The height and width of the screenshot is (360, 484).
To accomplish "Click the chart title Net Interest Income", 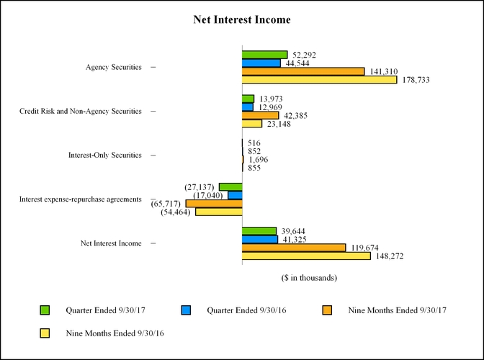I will [x=242, y=19].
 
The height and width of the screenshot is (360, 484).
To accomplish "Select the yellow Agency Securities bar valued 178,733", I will [x=319, y=80].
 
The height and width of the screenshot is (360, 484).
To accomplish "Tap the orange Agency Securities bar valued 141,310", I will [x=303, y=71].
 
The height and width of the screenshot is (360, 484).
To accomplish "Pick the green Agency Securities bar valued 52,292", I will [x=264, y=55].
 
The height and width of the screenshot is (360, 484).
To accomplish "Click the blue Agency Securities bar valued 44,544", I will [x=261, y=63].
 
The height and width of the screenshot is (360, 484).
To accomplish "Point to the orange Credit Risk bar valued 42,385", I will [x=260, y=115].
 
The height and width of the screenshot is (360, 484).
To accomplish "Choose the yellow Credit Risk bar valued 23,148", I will [x=252, y=124].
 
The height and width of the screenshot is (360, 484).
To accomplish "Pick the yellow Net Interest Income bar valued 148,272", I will [x=306, y=256].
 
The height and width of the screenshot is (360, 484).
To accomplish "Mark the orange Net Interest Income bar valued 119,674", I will [x=294, y=248].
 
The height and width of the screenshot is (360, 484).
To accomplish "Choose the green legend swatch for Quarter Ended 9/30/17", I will [x=44, y=310].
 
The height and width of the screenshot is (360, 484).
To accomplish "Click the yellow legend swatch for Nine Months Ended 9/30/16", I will [x=44, y=333].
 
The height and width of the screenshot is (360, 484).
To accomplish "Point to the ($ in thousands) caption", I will [x=309, y=277].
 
